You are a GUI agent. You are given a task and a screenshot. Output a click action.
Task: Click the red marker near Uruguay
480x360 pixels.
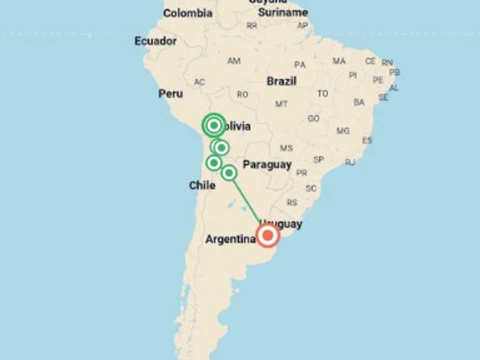[268, 236]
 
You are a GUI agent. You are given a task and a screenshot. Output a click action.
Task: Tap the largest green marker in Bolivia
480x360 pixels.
[214, 126]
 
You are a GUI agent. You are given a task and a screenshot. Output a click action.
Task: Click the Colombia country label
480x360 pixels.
[187, 13]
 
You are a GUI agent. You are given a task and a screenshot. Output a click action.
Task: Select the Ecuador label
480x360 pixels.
[156, 41]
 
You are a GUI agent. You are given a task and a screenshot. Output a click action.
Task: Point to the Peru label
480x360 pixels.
[171, 93]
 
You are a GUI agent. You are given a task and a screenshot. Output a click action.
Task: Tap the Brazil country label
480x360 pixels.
[282, 81]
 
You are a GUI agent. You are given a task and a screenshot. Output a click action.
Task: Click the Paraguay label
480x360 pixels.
[267, 164]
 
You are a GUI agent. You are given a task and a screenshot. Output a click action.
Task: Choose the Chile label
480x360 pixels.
[202, 185]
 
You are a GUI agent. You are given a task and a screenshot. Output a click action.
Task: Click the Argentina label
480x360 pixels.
[230, 239]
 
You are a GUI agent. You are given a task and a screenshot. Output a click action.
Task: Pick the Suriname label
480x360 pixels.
[283, 12]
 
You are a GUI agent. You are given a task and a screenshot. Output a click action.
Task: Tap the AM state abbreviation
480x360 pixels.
[234, 61]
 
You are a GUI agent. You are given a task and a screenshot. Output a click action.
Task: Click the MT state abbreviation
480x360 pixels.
[282, 104]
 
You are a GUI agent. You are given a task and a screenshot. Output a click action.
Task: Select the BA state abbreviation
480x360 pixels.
[359, 102]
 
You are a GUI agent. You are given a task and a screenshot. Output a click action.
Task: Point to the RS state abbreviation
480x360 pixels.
[292, 202]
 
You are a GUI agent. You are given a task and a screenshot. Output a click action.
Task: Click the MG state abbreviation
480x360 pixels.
[343, 131]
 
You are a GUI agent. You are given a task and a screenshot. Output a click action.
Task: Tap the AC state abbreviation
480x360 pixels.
[199, 82]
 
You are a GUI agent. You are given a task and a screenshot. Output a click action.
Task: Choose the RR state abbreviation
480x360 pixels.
[252, 26]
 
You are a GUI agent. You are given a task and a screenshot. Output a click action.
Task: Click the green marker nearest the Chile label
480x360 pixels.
[214, 162]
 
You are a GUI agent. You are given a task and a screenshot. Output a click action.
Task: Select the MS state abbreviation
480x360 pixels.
[286, 149]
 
